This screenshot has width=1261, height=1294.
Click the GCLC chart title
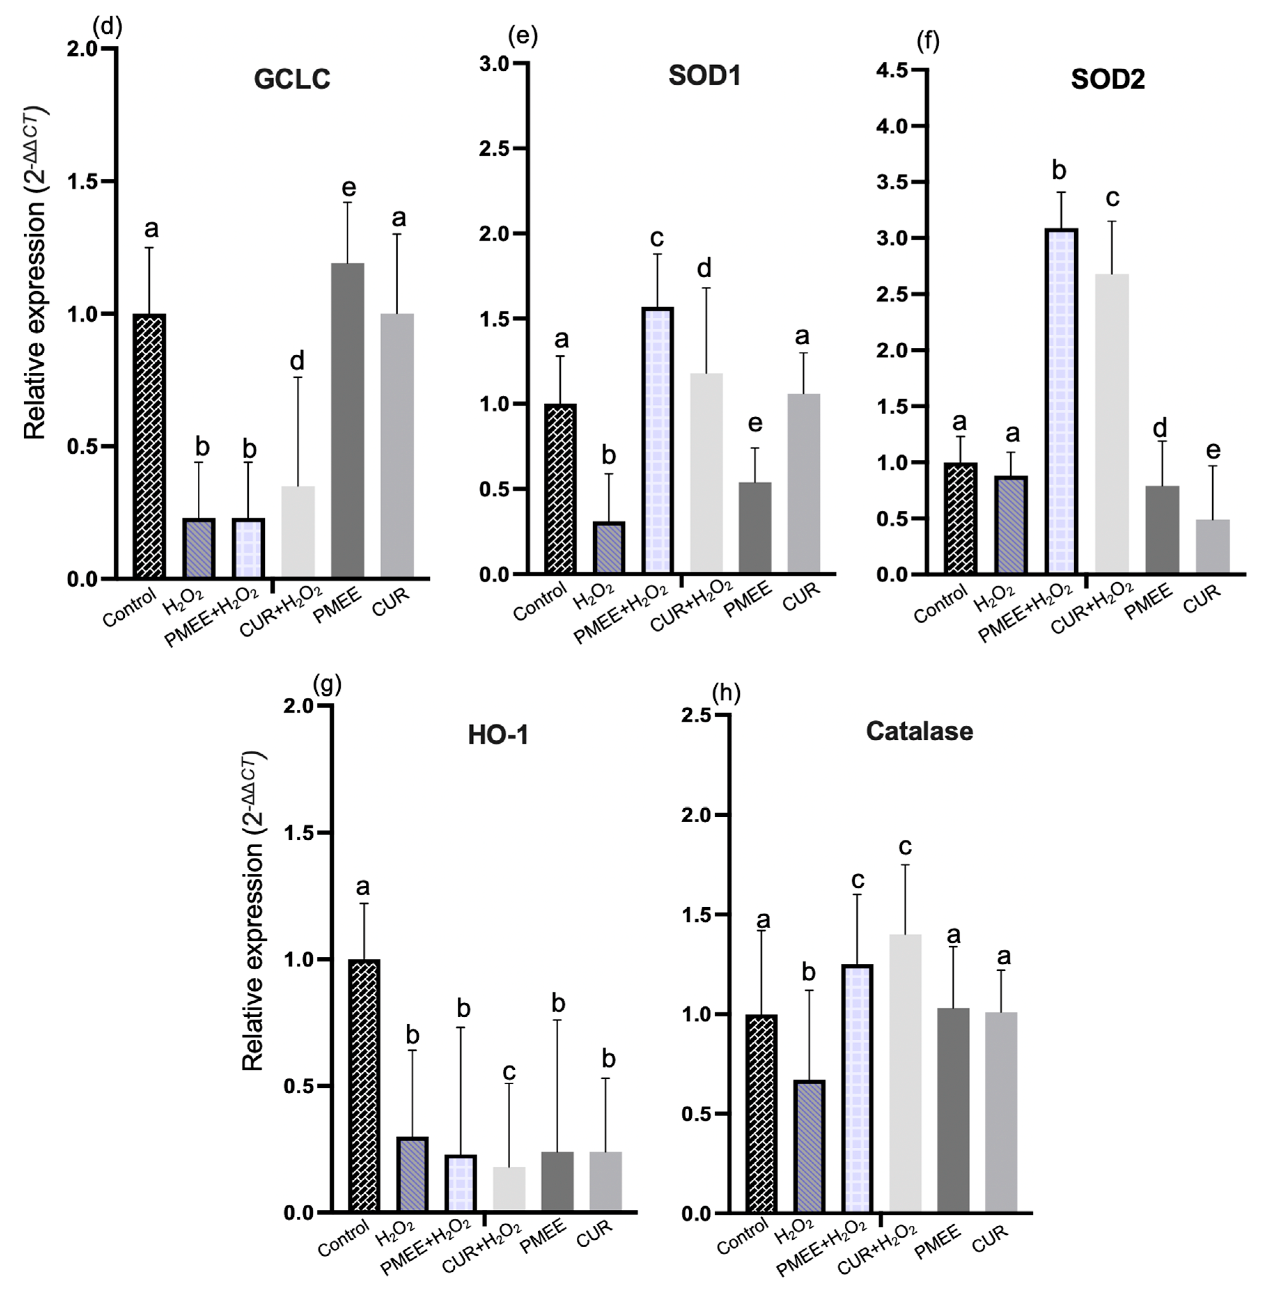(x=292, y=79)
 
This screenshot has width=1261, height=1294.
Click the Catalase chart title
(x=919, y=731)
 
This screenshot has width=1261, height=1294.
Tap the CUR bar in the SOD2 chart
(x=1213, y=546)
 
